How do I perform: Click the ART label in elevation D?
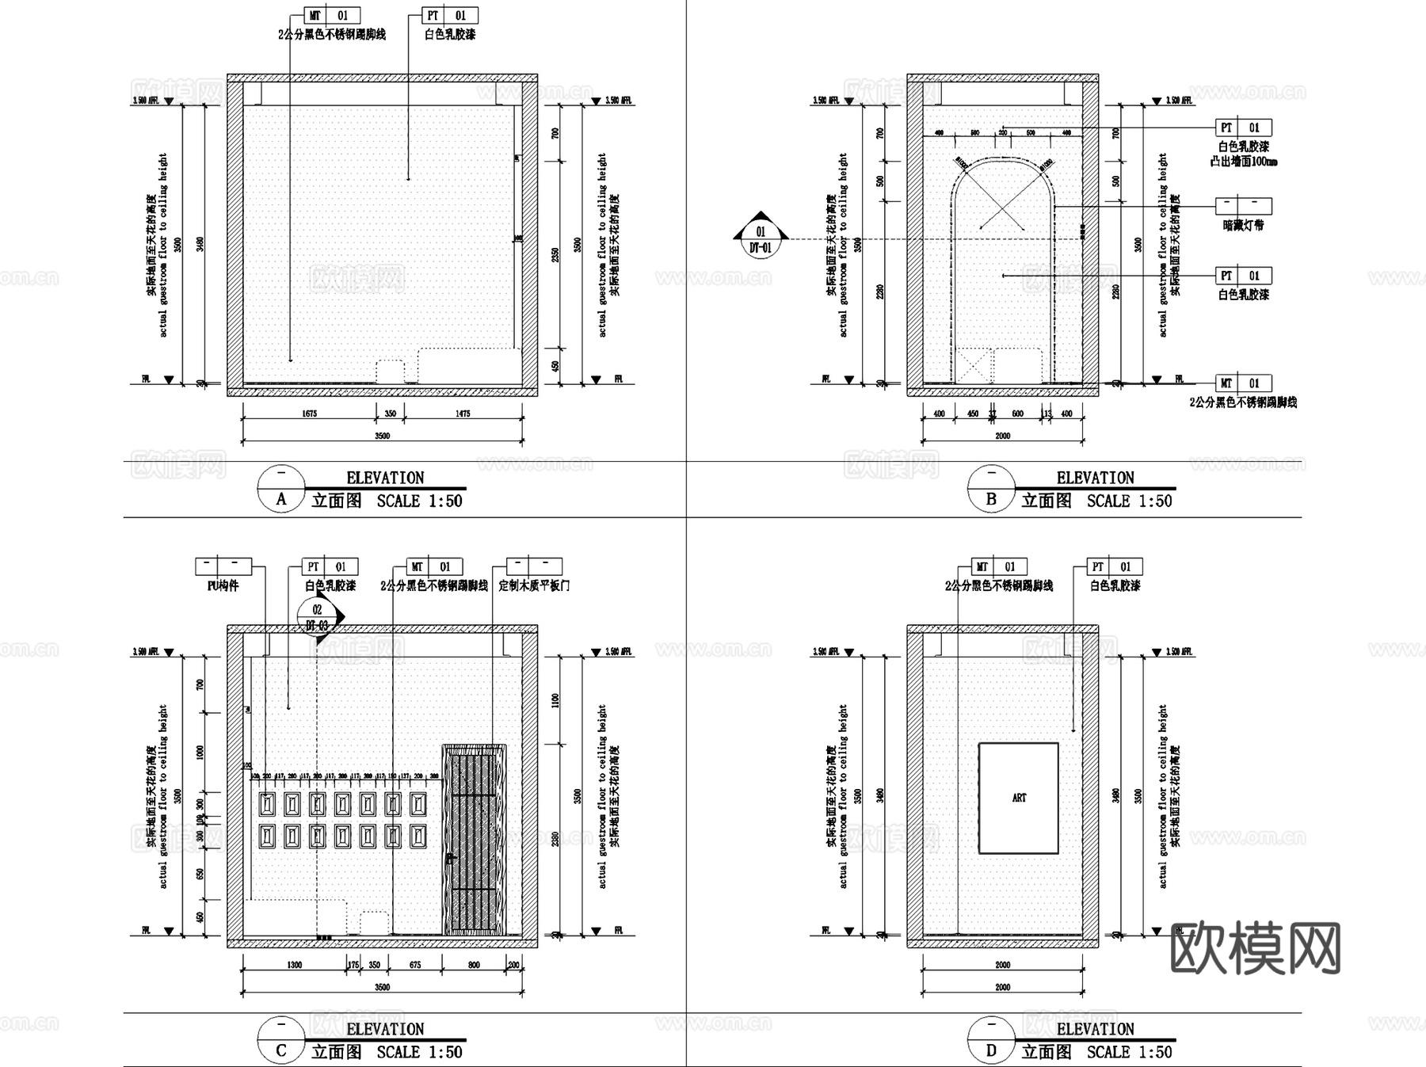(x=1019, y=798)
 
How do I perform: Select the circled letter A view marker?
(x=281, y=500)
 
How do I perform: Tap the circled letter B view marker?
(x=991, y=500)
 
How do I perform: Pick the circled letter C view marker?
(x=281, y=1051)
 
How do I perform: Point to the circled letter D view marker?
(x=991, y=1051)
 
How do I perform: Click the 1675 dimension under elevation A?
(x=309, y=413)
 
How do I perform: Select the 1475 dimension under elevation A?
(x=463, y=413)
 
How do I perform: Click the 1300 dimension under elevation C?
(x=294, y=965)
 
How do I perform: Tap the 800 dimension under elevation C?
(x=474, y=965)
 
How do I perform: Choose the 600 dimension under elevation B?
(x=1018, y=413)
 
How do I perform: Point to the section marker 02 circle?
(x=318, y=610)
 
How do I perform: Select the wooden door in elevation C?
(x=474, y=840)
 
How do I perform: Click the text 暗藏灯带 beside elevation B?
(x=1244, y=225)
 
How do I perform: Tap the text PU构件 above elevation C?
(x=223, y=586)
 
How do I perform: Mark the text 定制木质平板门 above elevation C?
(x=534, y=586)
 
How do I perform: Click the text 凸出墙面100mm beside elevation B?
(x=1244, y=162)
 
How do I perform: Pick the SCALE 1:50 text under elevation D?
(x=1129, y=1052)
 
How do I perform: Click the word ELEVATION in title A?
(x=385, y=478)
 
